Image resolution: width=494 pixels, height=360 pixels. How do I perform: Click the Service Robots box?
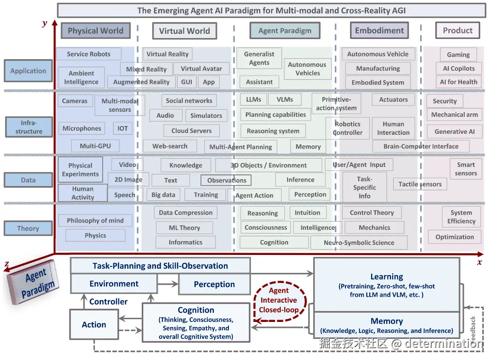click(x=89, y=54)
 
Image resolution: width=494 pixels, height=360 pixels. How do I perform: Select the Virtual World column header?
click(x=184, y=31)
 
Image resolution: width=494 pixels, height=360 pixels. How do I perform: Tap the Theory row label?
click(x=28, y=228)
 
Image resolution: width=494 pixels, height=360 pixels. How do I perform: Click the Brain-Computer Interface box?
click(x=421, y=146)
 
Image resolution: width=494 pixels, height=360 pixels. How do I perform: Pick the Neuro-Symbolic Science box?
click(x=359, y=243)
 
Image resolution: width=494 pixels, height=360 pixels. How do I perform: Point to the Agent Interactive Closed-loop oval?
click(x=278, y=300)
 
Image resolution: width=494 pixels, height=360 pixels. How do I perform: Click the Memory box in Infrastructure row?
click(x=308, y=147)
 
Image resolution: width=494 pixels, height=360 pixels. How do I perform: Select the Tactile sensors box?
click(x=420, y=184)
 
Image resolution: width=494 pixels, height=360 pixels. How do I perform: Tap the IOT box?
click(x=122, y=128)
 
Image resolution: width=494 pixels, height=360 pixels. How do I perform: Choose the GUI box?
click(x=187, y=82)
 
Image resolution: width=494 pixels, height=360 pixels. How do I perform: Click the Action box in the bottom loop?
click(x=94, y=325)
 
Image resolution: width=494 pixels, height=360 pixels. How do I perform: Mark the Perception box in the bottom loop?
click(x=214, y=284)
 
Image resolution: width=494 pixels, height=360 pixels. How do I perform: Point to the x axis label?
click(x=479, y=262)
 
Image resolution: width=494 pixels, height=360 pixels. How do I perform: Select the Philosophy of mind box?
click(x=95, y=221)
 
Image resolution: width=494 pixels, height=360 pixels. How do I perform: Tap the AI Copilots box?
click(x=459, y=68)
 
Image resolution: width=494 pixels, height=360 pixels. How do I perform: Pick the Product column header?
click(x=457, y=31)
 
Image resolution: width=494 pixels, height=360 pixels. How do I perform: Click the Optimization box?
click(x=455, y=237)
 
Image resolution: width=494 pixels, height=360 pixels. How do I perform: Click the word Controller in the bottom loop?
click(x=108, y=302)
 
